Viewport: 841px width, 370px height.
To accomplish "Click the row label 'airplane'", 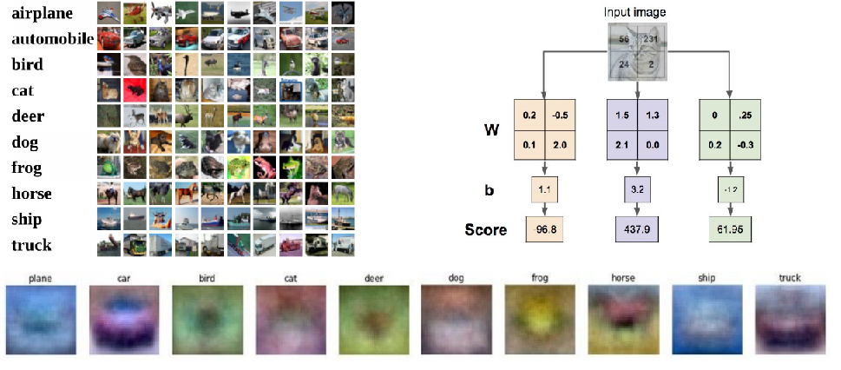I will pos(42,13).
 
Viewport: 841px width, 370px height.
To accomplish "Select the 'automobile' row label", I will pos(52,39).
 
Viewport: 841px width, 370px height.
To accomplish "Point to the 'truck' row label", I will pos(32,245).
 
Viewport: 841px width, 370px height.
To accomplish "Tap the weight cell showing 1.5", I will pos(621,114).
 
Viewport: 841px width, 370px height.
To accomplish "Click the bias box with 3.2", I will pos(638,187).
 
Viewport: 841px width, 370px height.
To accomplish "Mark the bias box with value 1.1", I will pos(544,187).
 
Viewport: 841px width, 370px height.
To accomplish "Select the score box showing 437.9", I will pos(638,229).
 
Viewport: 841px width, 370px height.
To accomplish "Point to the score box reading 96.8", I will pos(544,229).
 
